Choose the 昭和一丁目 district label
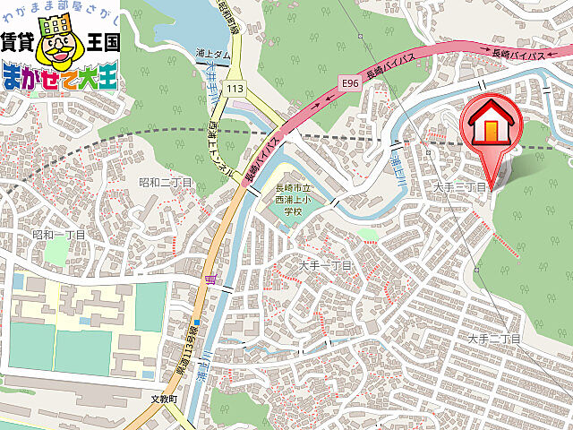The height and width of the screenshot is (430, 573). point(58,235)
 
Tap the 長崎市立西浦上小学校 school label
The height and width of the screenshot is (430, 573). point(294,200)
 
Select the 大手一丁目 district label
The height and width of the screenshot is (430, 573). point(326,266)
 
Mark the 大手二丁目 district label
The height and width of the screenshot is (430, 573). point(493,340)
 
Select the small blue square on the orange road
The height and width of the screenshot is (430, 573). point(196,322)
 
